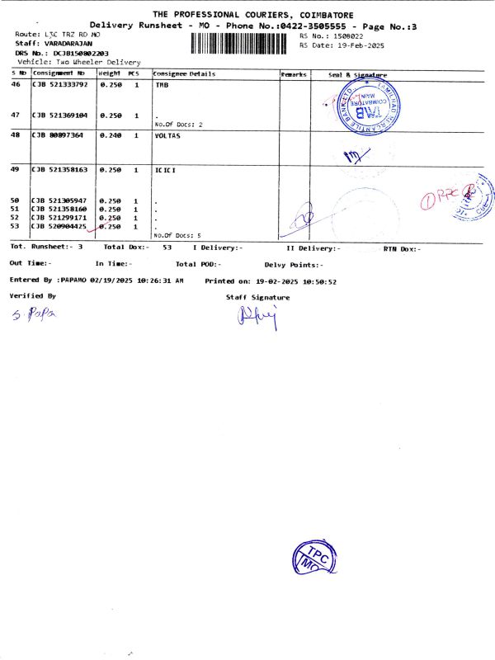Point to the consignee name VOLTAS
[167, 135]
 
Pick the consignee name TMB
[163, 85]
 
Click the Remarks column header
[294, 74]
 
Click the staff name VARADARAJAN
[68, 43]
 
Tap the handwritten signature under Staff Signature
[260, 314]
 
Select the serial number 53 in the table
[15, 225]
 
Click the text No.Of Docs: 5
[177, 235]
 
